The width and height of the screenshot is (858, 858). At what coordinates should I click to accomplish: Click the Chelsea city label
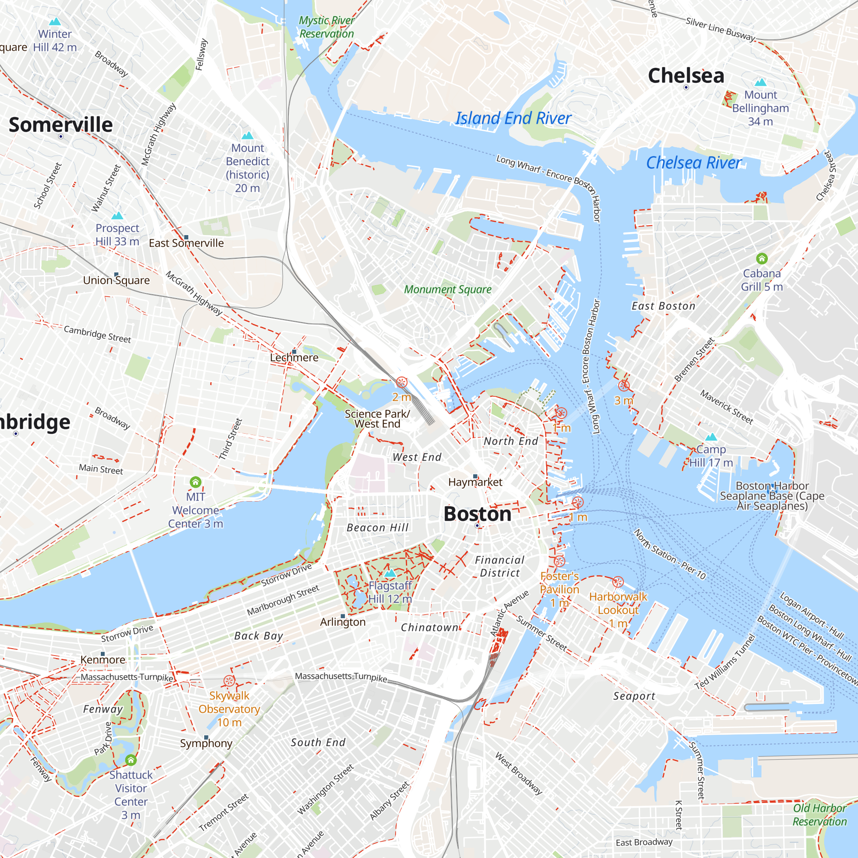coord(686,76)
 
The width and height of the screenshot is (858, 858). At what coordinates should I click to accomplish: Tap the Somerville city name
coord(61,124)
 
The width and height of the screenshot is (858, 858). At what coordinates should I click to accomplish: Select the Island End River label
coord(513,118)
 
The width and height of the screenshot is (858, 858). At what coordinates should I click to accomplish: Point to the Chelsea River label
coord(693,163)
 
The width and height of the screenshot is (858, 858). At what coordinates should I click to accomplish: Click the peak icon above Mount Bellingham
coord(760,82)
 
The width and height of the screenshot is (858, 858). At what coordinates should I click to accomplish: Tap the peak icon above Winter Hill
coord(54,21)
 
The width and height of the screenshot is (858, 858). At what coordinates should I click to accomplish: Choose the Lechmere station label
coord(294,357)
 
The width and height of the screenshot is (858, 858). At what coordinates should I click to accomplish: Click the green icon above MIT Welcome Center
coord(195,482)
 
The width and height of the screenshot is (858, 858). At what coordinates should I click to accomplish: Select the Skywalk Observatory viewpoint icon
coord(229,681)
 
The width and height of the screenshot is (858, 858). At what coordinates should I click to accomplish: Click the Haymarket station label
coord(475,482)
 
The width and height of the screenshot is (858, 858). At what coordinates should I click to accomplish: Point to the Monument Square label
coord(447,290)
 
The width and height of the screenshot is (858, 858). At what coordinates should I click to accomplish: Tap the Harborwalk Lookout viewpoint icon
coord(618,582)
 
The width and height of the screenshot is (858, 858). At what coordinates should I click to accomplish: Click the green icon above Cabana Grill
coord(761,258)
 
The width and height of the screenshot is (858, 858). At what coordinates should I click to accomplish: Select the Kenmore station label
coord(103,659)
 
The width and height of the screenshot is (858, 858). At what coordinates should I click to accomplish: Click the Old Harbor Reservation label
coord(819,815)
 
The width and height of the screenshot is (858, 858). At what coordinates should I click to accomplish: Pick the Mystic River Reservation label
coord(326,27)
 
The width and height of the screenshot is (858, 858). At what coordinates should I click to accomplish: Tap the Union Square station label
coord(116,280)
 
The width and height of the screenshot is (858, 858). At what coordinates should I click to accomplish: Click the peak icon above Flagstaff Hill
coord(390,573)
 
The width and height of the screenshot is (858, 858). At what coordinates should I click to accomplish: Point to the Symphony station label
coord(206,743)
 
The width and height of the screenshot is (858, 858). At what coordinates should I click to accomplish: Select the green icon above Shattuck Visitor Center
coord(130,760)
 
